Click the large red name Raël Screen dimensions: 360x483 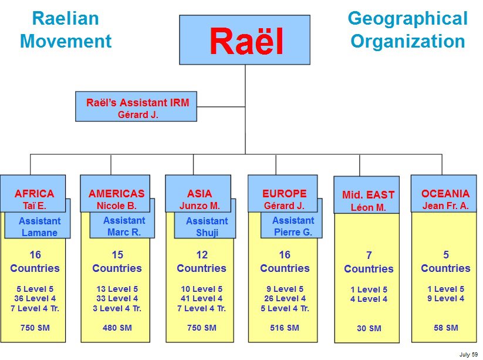tap(246, 41)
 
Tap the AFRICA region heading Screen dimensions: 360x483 tap(34, 194)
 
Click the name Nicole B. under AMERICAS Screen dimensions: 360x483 tap(116, 206)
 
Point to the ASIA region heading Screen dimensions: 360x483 tap(200, 194)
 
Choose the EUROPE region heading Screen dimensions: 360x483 tap(285, 194)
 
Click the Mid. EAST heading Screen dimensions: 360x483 tap(368, 195)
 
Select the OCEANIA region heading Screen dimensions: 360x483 tap(445, 194)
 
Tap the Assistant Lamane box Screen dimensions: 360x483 tap(39, 227)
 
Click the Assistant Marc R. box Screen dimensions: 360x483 tap(123, 226)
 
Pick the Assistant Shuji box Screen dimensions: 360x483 tap(207, 227)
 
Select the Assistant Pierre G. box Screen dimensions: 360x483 tap(293, 226)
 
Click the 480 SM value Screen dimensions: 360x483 tap(117, 328)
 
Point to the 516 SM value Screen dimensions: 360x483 tap(285, 328)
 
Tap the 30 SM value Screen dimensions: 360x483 tap(369, 328)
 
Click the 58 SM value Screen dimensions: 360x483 tap(445, 328)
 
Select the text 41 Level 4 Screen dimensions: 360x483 tap(202, 298)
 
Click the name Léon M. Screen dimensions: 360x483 tap(368, 207)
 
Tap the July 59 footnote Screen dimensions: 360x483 tap(468, 354)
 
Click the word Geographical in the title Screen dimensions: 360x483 tap(407, 19)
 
